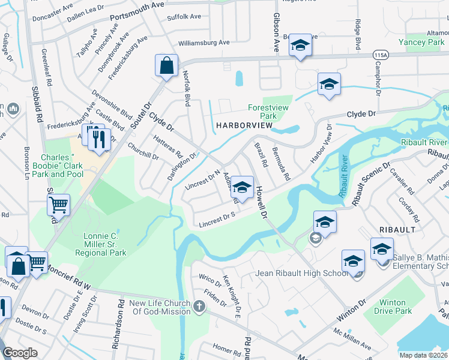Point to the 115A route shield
(379, 54)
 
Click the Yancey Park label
(421, 42)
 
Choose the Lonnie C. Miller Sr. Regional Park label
(101, 244)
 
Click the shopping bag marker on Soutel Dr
(166, 66)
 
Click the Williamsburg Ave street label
(204, 43)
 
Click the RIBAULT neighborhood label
(394, 229)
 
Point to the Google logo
(20, 353)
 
